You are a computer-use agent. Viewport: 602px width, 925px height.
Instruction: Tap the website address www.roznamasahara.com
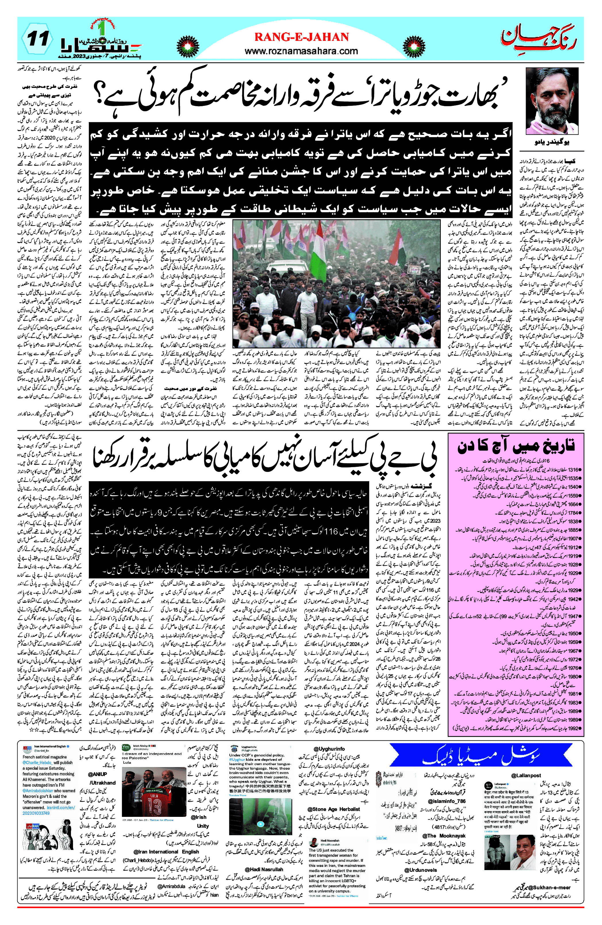301,51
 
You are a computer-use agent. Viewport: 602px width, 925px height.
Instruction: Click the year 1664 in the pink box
573,504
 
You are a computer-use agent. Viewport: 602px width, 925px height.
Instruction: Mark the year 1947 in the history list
573,616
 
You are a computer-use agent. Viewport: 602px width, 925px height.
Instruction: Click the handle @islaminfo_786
446,801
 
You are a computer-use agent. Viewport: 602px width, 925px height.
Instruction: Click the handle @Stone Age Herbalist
334,809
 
